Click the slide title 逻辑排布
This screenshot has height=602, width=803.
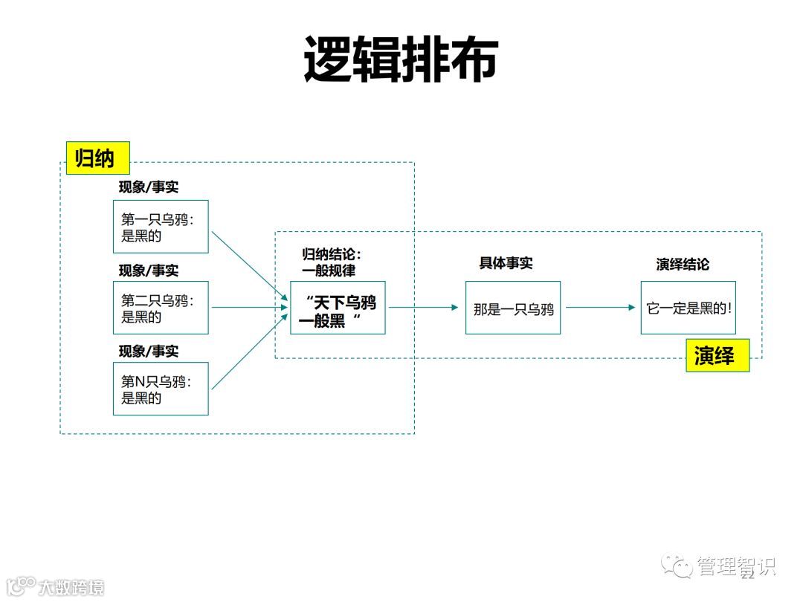pyautogui.click(x=400, y=59)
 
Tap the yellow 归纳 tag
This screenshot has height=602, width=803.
pyautogui.click(x=97, y=158)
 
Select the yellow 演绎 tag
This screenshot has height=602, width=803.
pyautogui.click(x=717, y=355)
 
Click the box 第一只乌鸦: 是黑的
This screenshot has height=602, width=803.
pyautogui.click(x=161, y=227)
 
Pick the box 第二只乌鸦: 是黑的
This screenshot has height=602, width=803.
pyautogui.click(x=161, y=308)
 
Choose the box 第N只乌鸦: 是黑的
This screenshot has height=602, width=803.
pyautogui.click(x=161, y=389)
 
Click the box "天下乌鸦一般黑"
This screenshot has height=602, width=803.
pyautogui.click(x=338, y=308)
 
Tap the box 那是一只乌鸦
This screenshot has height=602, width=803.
pyautogui.click(x=513, y=308)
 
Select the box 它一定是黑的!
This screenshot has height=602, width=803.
pyautogui.click(x=688, y=308)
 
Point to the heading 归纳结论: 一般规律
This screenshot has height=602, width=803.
pyautogui.click(x=331, y=262)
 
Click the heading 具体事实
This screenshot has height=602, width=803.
pyautogui.click(x=506, y=263)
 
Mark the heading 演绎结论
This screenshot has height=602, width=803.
pyautogui.click(x=683, y=264)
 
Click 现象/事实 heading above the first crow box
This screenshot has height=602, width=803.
pyautogui.click(x=149, y=187)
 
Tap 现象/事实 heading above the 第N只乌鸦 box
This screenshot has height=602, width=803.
pyautogui.click(x=149, y=350)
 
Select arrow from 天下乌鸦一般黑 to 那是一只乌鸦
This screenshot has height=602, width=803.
pyautogui.click(x=425, y=307)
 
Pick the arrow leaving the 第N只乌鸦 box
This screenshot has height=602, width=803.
pyautogui.click(x=249, y=352)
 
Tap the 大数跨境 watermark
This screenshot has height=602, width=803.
pyautogui.click(x=71, y=586)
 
